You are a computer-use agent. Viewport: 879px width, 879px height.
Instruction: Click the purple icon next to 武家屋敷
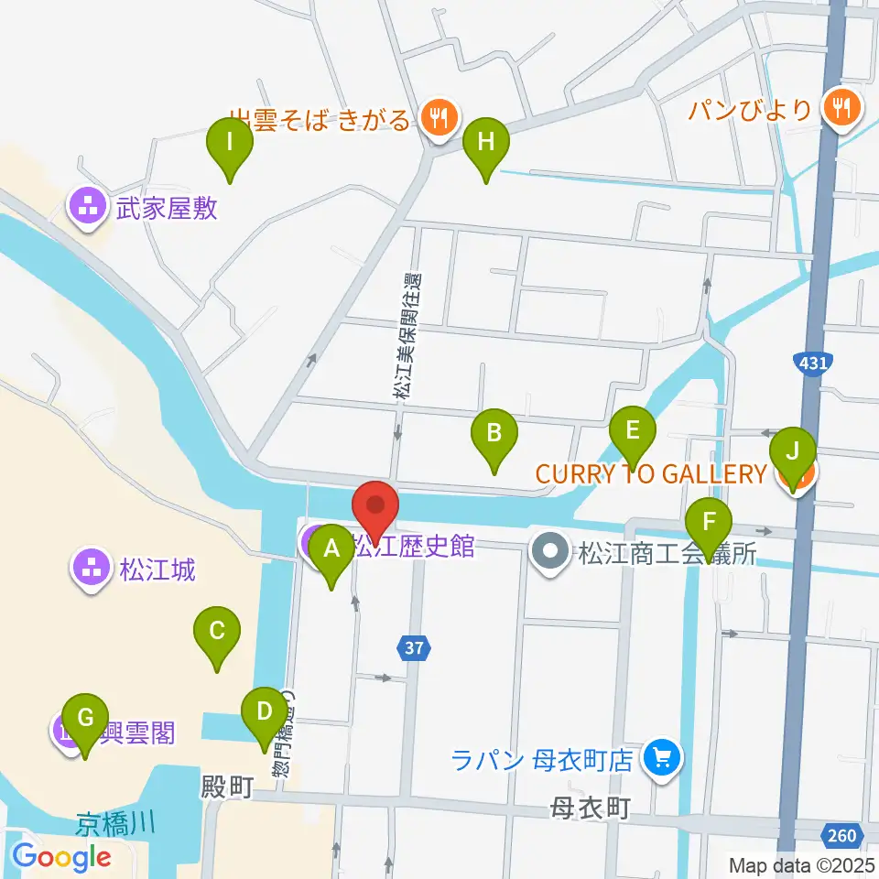(89, 209)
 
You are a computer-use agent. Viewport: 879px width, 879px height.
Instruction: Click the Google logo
(62, 857)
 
